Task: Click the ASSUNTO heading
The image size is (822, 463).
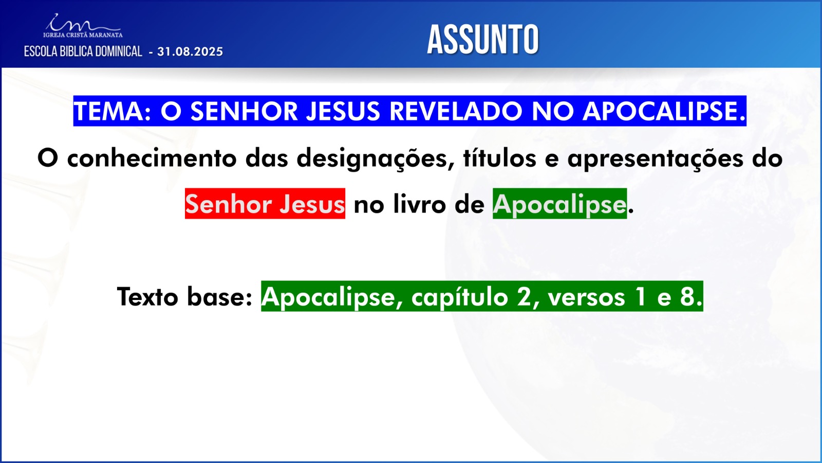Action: click(483, 40)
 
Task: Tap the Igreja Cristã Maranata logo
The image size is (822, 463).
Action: click(83, 26)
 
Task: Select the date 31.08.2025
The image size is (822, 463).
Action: click(190, 51)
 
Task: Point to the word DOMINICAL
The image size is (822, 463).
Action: click(119, 51)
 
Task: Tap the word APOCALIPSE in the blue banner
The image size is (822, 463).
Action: click(664, 111)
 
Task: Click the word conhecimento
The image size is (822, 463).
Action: click(152, 158)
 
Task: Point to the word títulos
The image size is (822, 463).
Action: click(500, 158)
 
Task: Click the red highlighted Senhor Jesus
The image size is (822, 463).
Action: click(265, 204)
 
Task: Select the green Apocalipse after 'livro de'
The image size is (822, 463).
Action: click(559, 204)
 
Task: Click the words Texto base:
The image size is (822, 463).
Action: click(184, 297)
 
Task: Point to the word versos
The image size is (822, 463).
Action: click(586, 298)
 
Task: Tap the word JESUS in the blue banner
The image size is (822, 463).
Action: click(343, 111)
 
